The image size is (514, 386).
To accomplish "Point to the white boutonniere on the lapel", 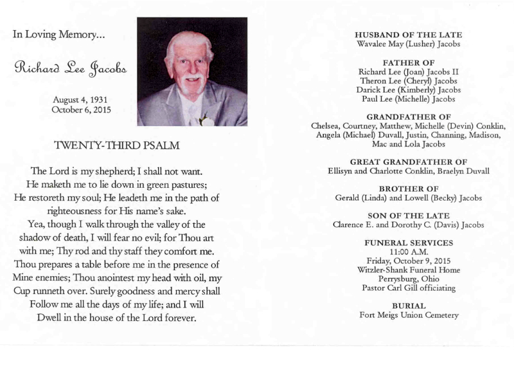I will pos(206,120).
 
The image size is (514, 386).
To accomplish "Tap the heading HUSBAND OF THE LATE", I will pos(409,35).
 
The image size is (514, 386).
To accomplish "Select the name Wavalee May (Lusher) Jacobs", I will pos(409,44).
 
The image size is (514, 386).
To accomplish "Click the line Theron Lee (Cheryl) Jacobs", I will pos(409,81).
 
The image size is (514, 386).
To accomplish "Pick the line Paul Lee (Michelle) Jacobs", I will pos(409,100).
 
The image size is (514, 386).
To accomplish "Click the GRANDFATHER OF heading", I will pos(409,116).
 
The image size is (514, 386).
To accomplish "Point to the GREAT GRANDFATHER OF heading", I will pos(409,161).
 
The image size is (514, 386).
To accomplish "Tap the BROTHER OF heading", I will pos(409,188).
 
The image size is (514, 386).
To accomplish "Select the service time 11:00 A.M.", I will pos(409,252).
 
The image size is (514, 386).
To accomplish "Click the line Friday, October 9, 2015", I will pos(409,261).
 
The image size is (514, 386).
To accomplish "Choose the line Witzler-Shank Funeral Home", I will pos(409,270).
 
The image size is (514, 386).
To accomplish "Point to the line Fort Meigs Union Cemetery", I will pos(409,315).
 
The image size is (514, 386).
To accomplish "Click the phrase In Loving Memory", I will pos(58,35).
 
